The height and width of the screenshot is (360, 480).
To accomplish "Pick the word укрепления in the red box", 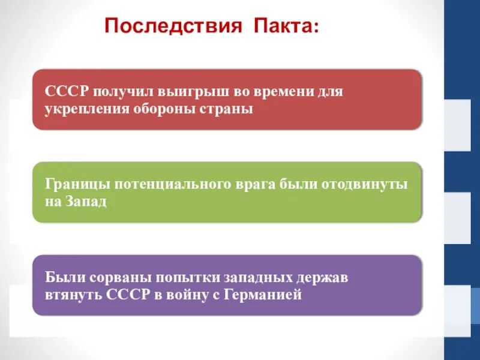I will (x=81, y=109).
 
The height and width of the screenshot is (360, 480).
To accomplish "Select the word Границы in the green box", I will (x=73, y=184).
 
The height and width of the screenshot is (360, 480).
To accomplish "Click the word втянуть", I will (x=73, y=295).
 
